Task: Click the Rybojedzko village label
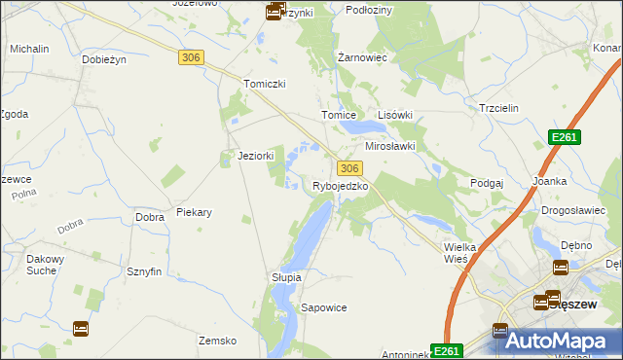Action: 340,186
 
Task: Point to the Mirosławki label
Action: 390,146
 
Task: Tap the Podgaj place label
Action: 486,183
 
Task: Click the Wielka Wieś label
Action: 459,253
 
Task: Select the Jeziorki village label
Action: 256,156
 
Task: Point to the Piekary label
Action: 195,211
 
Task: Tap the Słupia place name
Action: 286,277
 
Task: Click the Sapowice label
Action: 324,307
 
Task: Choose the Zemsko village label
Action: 218,341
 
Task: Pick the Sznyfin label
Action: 143,271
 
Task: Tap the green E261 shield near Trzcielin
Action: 565,138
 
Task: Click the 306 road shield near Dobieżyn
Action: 191,58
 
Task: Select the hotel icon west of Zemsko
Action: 80,328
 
